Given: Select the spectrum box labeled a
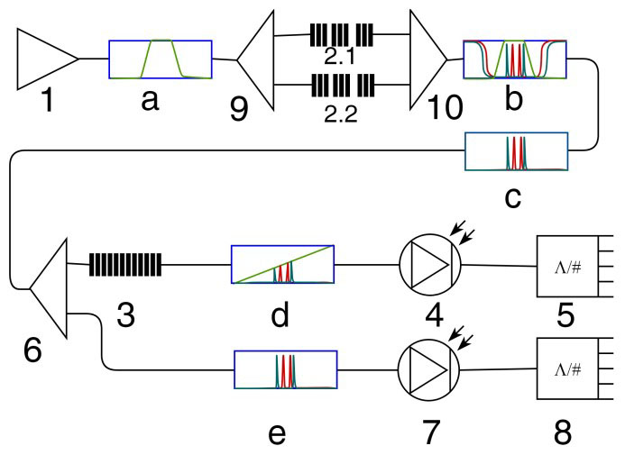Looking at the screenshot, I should pyautogui.click(x=160, y=60).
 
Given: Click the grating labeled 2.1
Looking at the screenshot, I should pyautogui.click(x=341, y=34).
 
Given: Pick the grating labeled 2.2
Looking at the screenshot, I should pyautogui.click(x=341, y=86).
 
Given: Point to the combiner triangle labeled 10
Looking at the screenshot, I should pyautogui.click(x=427, y=59).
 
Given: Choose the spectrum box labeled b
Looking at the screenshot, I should pyautogui.click(x=513, y=60).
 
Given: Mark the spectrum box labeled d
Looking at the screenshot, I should pyautogui.click(x=282, y=265).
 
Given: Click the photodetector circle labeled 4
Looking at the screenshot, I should pyautogui.click(x=429, y=264).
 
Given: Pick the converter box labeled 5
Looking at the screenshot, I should pyautogui.click(x=569, y=266).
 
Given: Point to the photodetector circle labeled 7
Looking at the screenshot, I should pyautogui.click(x=429, y=369).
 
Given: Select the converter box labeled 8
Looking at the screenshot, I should pyautogui.click(x=569, y=369).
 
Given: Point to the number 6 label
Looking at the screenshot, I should pyautogui.click(x=33, y=350).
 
